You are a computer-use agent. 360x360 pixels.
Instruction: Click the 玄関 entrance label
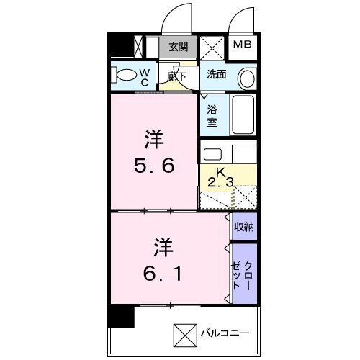tap(178, 47)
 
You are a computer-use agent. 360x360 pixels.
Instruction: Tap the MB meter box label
tap(243, 44)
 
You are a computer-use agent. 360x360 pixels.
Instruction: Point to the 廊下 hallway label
tap(177, 77)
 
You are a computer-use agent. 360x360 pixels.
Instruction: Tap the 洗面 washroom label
tap(217, 74)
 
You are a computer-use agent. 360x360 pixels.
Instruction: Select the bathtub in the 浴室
tap(243, 114)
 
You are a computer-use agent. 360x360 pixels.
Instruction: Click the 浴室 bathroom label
tap(212, 116)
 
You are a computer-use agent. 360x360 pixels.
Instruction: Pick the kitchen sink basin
tap(212, 154)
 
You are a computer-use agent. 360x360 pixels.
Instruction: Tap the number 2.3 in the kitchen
tap(220, 183)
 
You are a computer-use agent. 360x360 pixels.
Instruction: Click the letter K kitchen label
tap(220, 172)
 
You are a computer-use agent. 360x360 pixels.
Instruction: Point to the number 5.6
tap(154, 166)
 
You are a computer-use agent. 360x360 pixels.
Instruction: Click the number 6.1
tap(162, 274)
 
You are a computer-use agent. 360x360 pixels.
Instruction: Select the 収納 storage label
tap(244, 227)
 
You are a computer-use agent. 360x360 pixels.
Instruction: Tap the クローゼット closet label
tap(242, 276)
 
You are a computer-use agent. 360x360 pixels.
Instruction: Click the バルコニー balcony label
tap(225, 333)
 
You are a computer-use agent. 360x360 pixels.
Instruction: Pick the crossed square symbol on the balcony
tap(185, 336)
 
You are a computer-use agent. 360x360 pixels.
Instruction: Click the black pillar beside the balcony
tap(121, 316)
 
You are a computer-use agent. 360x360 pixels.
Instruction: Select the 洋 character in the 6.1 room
tap(163, 247)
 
